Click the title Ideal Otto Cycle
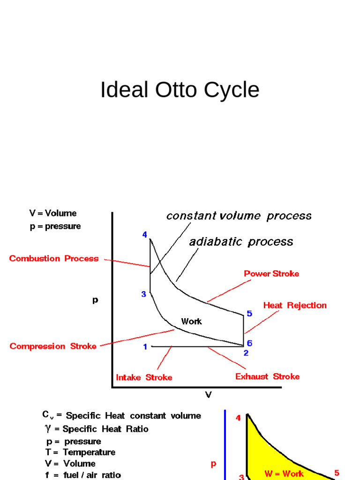coord(180,90)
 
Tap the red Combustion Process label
coord(54,258)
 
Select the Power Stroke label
coord(271,273)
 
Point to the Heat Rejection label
coord(295,305)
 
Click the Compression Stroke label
coord(53,346)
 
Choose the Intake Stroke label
coord(144,377)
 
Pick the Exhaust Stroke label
coord(267,376)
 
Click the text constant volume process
coord(239,216)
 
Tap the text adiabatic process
coord(241,242)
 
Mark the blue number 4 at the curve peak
coord(145,235)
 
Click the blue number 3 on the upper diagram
coord(144,294)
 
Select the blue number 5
coord(249,314)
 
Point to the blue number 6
coord(249,343)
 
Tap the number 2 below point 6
coord(246,353)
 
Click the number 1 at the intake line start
coord(145,347)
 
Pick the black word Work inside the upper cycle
coord(191,321)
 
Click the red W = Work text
coord(284,473)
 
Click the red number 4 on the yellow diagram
coord(238,418)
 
